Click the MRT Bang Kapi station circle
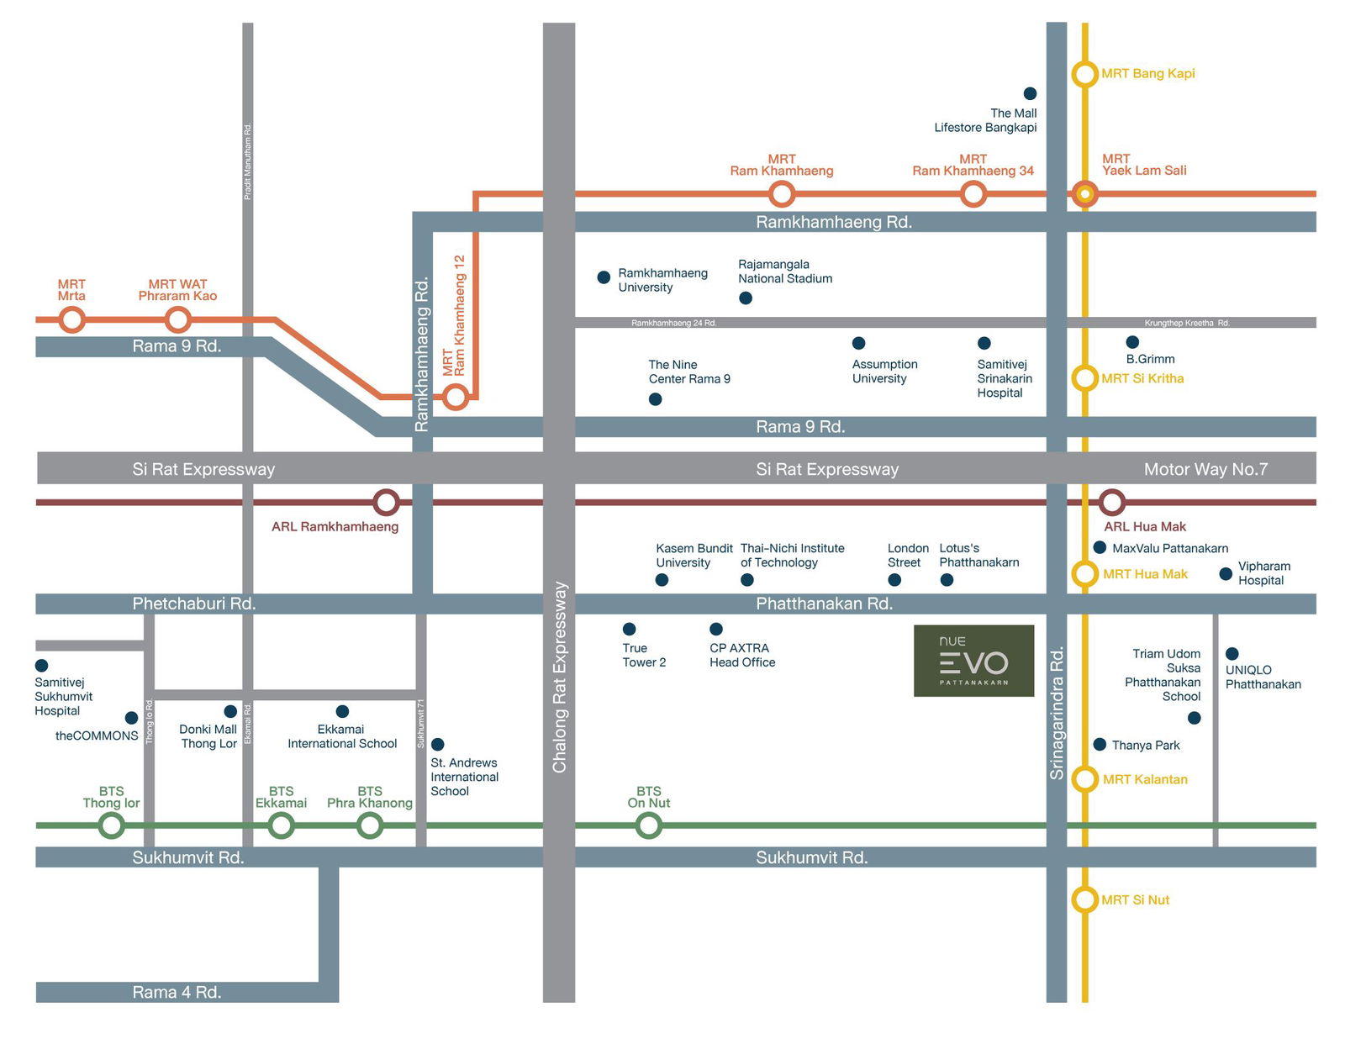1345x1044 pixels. click(x=1084, y=74)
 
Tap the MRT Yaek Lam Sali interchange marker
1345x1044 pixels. click(x=1084, y=194)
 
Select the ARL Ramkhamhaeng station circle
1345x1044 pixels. click(x=386, y=503)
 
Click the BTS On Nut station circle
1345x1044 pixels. click(x=648, y=825)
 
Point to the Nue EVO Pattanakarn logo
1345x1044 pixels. click(x=973, y=661)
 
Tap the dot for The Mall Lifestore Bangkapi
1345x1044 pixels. click(x=1030, y=93)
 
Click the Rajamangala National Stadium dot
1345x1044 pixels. click(x=746, y=298)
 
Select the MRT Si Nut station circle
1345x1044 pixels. click(x=1084, y=899)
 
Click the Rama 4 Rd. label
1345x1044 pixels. click(x=177, y=992)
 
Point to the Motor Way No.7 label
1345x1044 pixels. click(x=1205, y=469)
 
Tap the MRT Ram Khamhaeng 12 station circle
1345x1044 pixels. click(x=456, y=397)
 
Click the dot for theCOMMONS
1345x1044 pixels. click(x=131, y=718)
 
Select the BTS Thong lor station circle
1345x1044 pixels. click(x=112, y=825)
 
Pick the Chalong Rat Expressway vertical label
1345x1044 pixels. click(x=559, y=677)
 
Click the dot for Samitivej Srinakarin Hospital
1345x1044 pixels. click(x=984, y=343)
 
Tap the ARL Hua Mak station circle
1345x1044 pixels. click(x=1112, y=503)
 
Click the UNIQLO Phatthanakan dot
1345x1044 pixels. click(x=1232, y=653)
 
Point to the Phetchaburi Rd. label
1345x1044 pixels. click(x=194, y=604)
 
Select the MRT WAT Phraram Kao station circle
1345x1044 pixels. click(x=177, y=319)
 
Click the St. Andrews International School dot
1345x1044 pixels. click(x=438, y=744)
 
